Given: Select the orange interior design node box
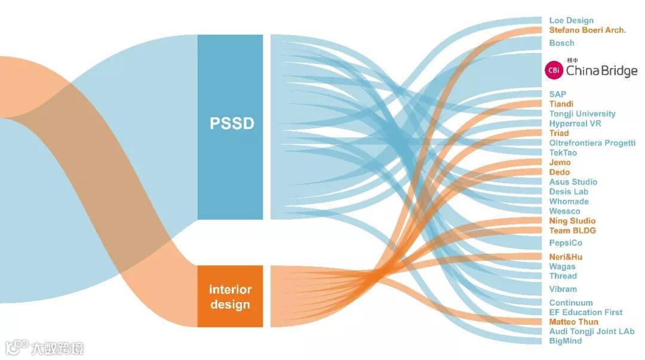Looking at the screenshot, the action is click(x=231, y=296).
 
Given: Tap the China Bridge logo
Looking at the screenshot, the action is click(x=591, y=70).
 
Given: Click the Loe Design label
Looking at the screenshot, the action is click(x=571, y=20).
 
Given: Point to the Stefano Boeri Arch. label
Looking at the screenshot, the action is click(x=587, y=30).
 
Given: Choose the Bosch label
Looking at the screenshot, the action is click(x=561, y=43).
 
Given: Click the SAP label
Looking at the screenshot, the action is click(x=557, y=94).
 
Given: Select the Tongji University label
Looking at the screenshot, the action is click(x=582, y=113).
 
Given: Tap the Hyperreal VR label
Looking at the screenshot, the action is click(x=575, y=124).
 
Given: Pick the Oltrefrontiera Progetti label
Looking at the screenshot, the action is click(x=592, y=143).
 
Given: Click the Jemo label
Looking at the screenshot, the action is click(x=560, y=162).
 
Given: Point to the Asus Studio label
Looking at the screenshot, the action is click(x=573, y=181).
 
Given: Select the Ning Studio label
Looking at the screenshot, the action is click(x=572, y=221).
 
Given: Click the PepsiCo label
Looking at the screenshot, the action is click(x=565, y=243).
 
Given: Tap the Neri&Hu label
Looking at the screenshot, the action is click(x=566, y=257).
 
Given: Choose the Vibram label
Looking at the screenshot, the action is click(x=563, y=289).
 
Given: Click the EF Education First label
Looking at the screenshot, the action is click(x=585, y=312).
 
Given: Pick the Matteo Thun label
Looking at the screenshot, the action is click(x=573, y=322).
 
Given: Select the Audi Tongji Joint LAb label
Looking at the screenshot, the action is click(x=591, y=331).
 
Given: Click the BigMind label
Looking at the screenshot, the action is click(x=565, y=341).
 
